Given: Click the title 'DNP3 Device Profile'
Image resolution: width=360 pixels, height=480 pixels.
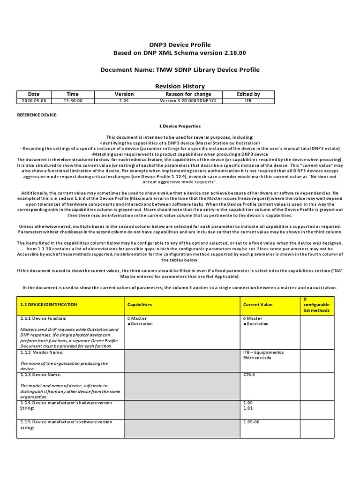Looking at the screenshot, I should (180, 45).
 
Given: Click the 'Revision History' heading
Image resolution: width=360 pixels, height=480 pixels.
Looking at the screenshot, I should (180, 86).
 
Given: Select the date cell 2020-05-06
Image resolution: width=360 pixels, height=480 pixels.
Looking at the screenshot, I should (34, 100).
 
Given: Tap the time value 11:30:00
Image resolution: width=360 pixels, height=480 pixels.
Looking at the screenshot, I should (73, 100).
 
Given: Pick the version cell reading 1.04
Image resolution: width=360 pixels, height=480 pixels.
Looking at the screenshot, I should (124, 100).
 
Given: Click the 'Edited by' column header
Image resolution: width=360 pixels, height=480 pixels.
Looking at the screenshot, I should (248, 94).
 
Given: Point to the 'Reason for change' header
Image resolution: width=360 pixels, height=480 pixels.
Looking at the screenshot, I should (188, 94).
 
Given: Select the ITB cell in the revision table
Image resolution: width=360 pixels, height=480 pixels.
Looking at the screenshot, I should (248, 100).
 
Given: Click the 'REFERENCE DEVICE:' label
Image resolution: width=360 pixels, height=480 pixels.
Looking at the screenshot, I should (37, 115).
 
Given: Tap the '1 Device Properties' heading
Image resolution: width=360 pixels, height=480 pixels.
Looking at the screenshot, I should (180, 126).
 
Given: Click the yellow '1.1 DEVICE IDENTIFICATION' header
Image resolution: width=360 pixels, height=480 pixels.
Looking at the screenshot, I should (49, 305).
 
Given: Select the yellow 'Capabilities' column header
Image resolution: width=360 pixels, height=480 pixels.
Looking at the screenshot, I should (140, 305).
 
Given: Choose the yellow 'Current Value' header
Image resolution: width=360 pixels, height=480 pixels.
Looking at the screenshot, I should (257, 305).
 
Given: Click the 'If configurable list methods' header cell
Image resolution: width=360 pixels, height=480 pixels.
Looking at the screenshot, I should (316, 304).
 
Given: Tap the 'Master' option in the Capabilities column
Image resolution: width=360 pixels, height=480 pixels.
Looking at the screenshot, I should (139, 319).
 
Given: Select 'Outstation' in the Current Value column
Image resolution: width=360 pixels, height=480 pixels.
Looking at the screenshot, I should (257, 324).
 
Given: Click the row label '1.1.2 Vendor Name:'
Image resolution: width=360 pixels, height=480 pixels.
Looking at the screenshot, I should (42, 352).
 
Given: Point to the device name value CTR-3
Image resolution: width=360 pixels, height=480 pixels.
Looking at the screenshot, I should (249, 375).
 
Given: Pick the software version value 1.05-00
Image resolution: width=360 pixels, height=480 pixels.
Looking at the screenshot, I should (252, 422).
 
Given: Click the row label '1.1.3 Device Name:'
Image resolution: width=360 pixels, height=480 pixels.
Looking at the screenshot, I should (41, 375).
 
